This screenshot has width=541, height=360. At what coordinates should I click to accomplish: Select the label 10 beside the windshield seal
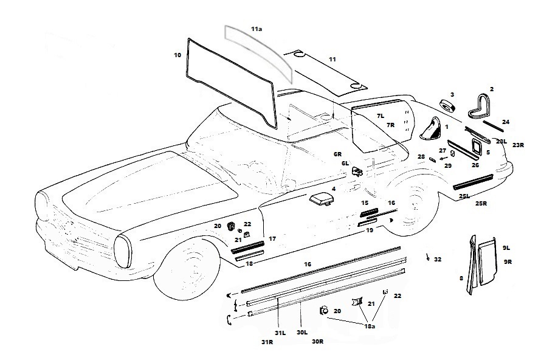click(177, 55)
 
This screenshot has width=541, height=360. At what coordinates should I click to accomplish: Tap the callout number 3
click(452, 95)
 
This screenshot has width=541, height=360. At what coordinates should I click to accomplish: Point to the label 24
click(506, 122)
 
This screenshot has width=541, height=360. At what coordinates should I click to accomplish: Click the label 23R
click(518, 145)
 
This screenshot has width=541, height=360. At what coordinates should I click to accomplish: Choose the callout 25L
click(464, 196)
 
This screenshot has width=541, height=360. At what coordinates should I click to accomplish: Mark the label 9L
click(506, 248)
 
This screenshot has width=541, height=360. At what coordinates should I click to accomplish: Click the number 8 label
click(461, 278)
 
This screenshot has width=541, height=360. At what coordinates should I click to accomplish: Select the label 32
click(438, 260)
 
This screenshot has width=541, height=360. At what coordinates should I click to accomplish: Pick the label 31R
click(267, 342)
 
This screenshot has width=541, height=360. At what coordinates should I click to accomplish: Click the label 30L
click(302, 333)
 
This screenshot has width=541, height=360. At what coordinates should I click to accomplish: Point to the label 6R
click(337, 154)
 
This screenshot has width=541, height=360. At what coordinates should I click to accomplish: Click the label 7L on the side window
click(381, 116)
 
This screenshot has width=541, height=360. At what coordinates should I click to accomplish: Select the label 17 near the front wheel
click(272, 239)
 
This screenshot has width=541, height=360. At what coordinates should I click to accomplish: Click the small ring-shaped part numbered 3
click(448, 106)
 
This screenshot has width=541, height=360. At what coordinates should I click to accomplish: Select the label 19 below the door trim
click(370, 230)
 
